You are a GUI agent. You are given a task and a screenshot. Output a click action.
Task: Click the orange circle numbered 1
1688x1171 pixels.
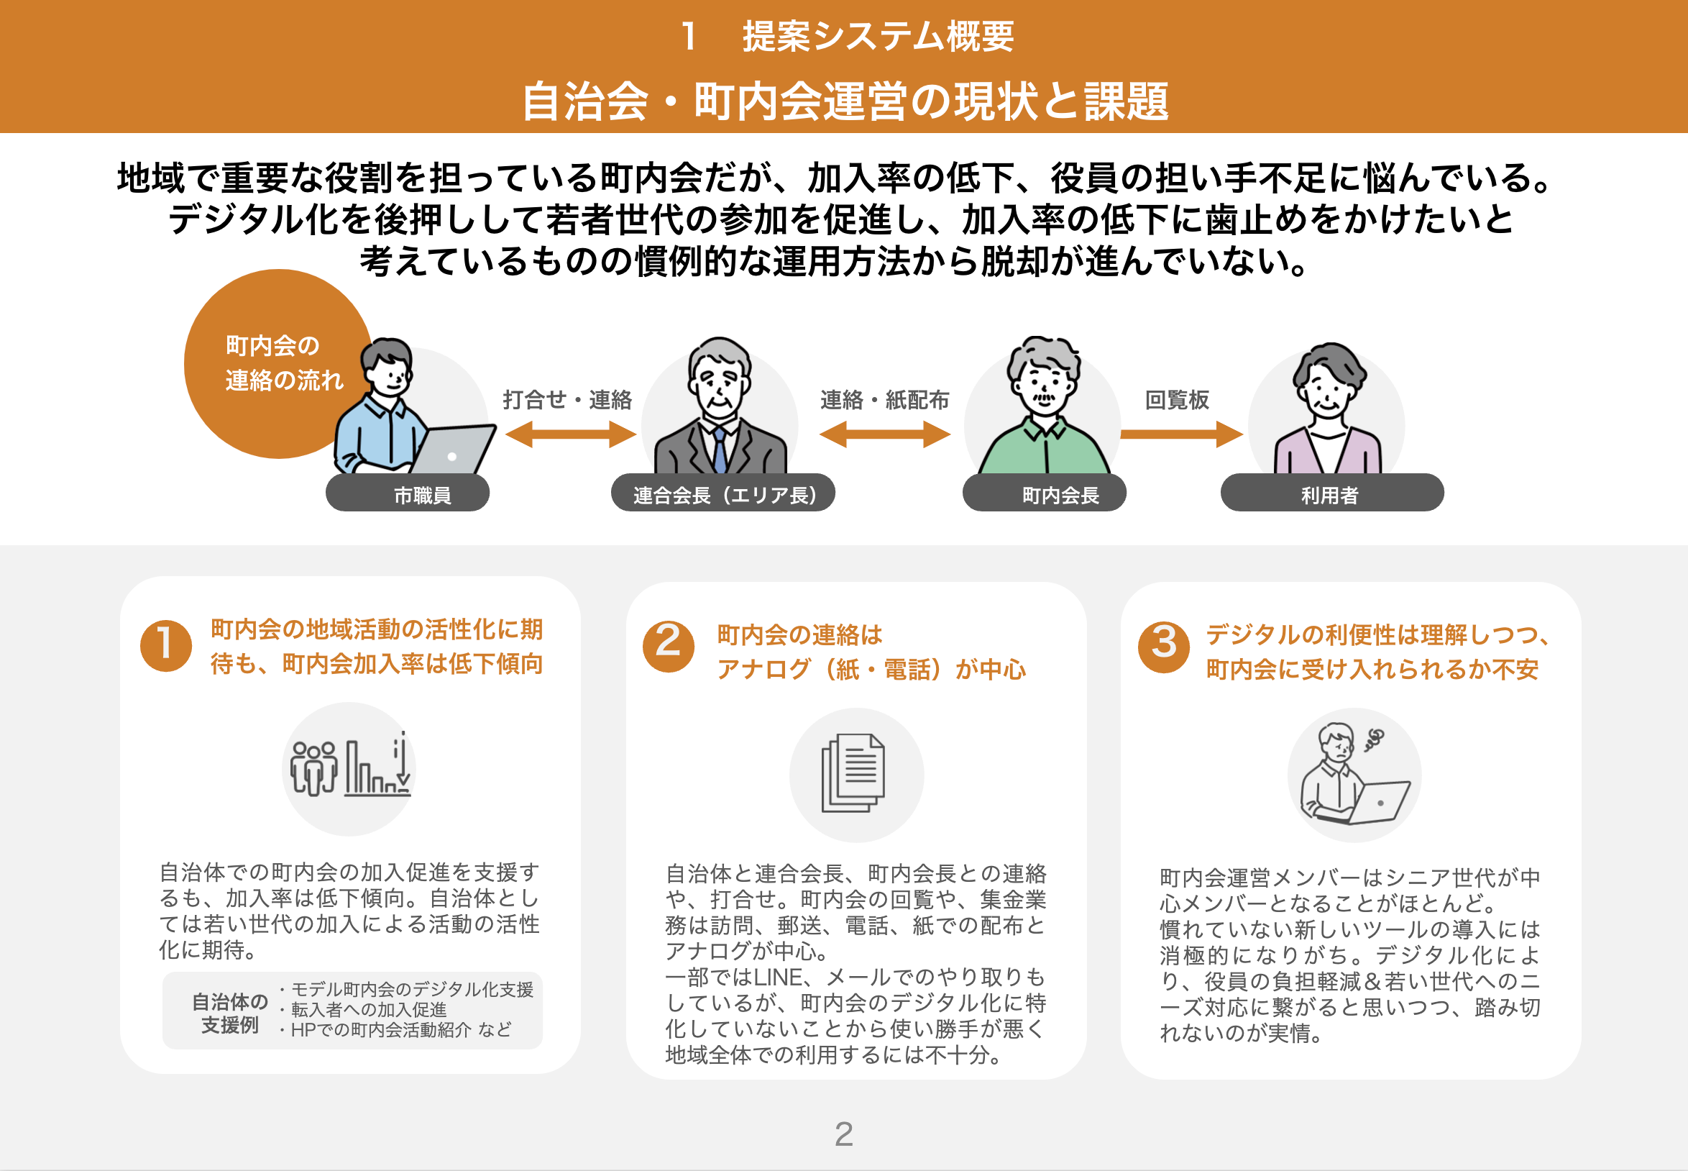(166, 647)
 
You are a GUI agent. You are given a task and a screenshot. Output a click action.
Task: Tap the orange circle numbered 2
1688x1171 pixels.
(668, 647)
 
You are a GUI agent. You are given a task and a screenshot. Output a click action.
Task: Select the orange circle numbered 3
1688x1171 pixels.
(1164, 647)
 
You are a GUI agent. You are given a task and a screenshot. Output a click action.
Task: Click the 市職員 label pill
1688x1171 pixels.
(408, 493)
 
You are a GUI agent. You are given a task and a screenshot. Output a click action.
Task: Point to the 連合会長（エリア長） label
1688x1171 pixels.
(723, 493)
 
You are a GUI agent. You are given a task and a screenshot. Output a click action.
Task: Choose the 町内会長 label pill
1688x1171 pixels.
(1044, 493)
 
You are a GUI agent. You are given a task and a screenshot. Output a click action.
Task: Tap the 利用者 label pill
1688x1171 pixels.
(1331, 493)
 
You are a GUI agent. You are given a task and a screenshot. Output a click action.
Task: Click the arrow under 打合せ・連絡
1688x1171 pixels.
(571, 434)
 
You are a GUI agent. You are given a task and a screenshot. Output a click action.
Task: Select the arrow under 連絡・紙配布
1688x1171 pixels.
(884, 434)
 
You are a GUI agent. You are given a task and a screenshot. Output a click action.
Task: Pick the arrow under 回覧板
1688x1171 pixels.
(1181, 434)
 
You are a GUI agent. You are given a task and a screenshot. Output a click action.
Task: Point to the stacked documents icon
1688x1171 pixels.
(853, 773)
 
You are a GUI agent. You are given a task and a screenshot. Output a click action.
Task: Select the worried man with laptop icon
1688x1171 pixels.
(1354, 774)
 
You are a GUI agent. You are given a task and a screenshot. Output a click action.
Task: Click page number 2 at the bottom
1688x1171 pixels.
(844, 1134)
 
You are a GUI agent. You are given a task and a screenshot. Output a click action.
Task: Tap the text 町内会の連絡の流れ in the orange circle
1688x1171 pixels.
(284, 363)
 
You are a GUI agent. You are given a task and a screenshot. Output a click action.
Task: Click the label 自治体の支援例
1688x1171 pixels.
(229, 1013)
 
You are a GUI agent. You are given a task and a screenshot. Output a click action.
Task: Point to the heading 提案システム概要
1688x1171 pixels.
(878, 37)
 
